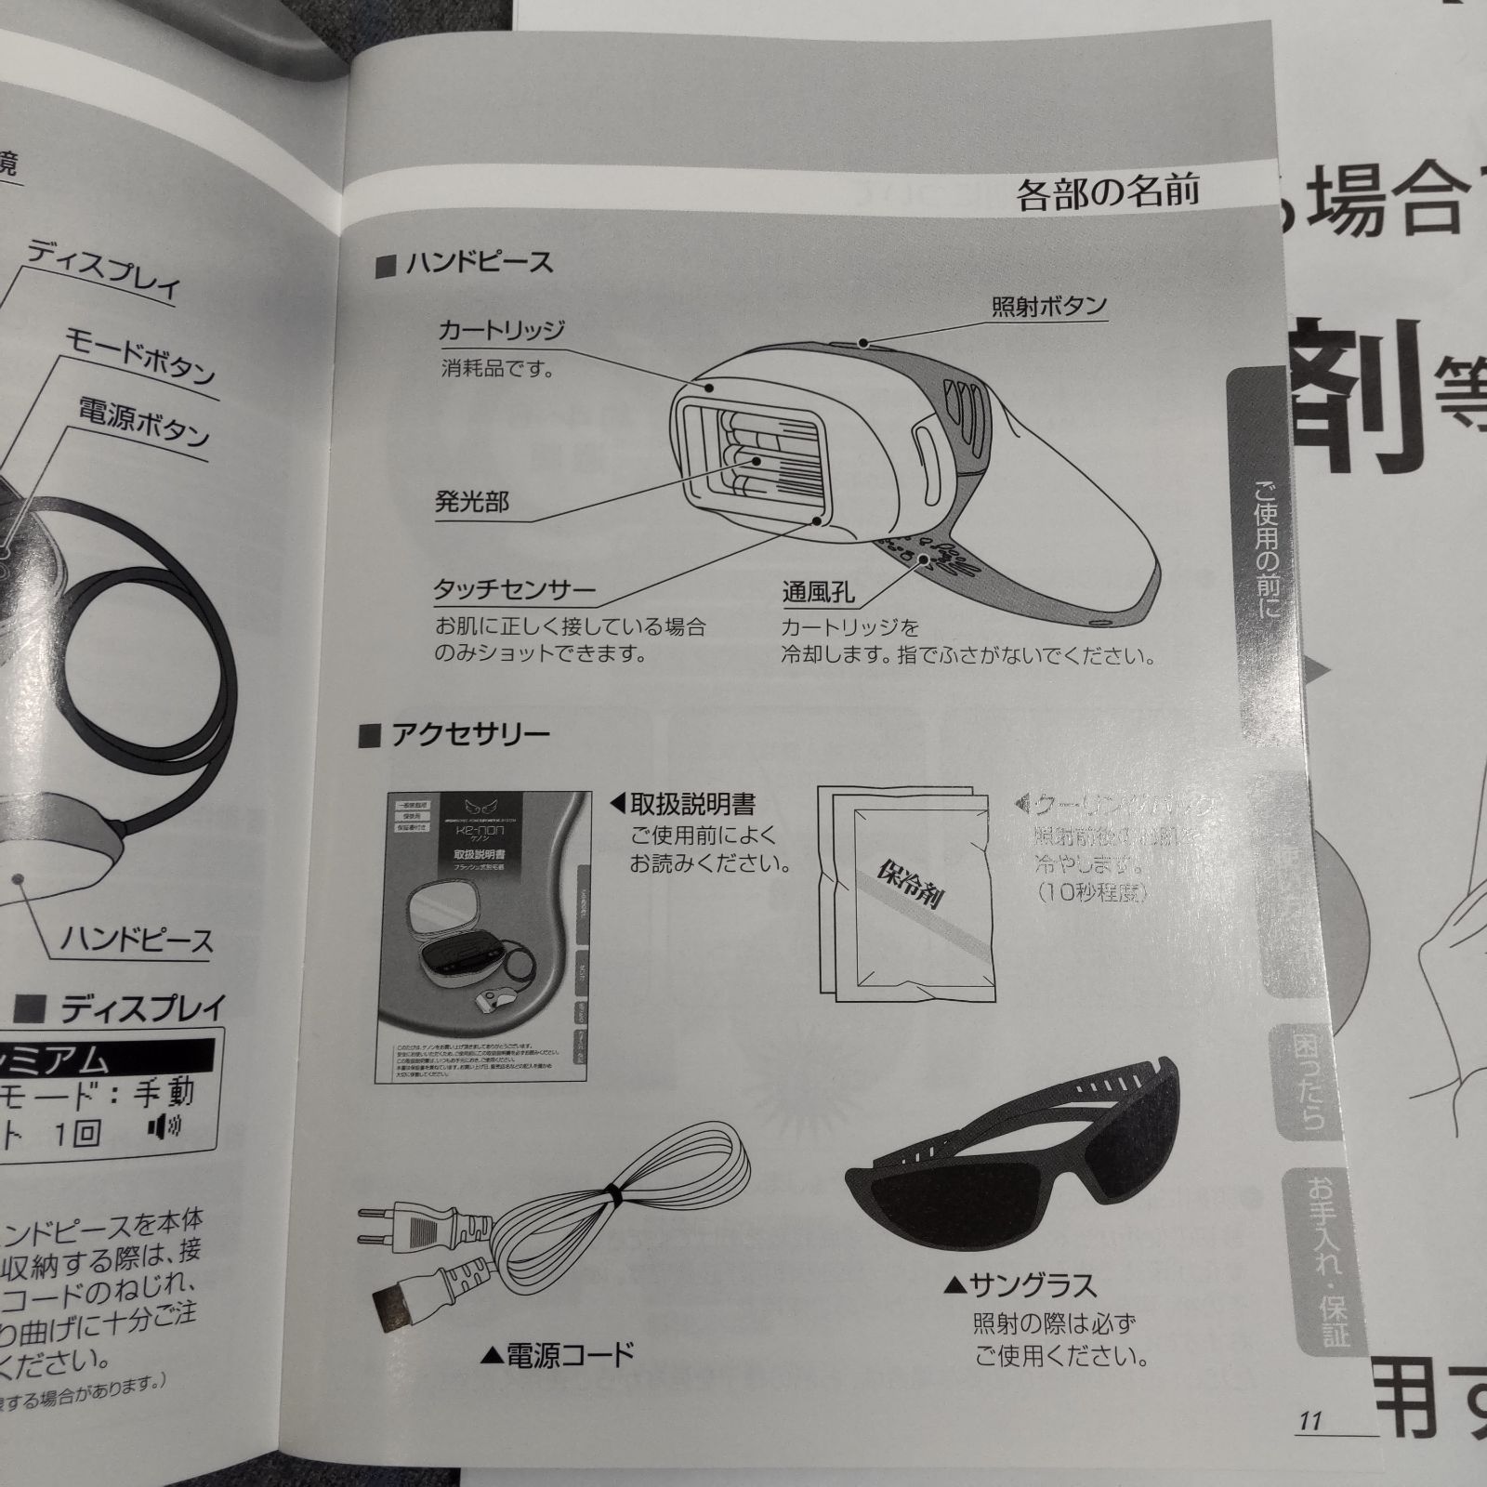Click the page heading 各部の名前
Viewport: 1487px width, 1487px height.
coord(1108,192)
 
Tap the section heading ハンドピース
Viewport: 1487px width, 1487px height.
coord(479,264)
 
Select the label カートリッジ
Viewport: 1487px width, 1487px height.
coord(501,331)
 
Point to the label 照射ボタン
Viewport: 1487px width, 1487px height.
coord(1048,306)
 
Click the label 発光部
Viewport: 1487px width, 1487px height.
coord(472,503)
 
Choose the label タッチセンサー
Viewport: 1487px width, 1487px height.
coord(514,590)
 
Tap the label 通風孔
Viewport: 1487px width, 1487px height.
coord(818,592)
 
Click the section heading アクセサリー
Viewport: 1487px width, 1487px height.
coord(469,735)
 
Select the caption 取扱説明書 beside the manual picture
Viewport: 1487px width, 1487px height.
coord(692,803)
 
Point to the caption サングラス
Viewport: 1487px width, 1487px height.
coord(1032,1286)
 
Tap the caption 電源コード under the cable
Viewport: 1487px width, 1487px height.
coord(568,1354)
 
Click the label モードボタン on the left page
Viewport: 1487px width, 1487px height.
coord(139,356)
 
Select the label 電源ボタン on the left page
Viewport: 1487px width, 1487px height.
coord(144,422)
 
